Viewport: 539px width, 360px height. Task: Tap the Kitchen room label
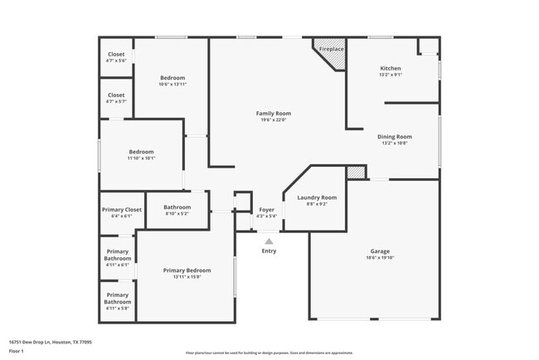(x=391, y=69)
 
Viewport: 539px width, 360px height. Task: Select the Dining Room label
(x=395, y=137)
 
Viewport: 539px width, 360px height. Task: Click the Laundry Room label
(x=317, y=197)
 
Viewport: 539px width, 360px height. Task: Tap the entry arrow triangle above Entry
(x=269, y=241)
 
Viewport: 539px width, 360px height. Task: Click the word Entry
(x=269, y=251)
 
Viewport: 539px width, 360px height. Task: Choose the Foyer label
(x=266, y=210)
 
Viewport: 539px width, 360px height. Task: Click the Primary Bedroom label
(x=187, y=270)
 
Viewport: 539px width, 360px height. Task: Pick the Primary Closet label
(x=121, y=210)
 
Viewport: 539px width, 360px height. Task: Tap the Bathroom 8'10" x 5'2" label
(x=177, y=207)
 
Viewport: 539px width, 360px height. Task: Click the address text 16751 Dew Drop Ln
(x=50, y=341)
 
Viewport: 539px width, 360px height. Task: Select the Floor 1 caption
(x=17, y=351)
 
